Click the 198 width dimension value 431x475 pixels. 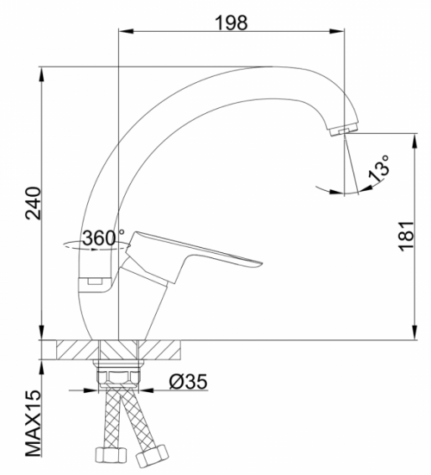click(x=230, y=22)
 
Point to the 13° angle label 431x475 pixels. click(x=378, y=168)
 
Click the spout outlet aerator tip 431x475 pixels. click(x=342, y=130)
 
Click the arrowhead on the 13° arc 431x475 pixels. click(x=315, y=187)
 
